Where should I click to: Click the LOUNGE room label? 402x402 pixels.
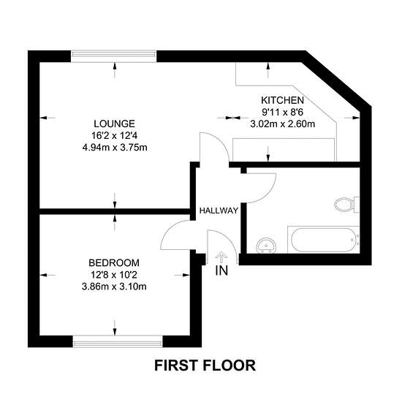pyautogui.click(x=114, y=124)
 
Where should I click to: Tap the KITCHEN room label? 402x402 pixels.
pyautogui.click(x=283, y=100)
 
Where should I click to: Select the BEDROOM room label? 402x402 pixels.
pyautogui.click(x=114, y=263)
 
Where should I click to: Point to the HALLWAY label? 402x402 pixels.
pyautogui.click(x=219, y=211)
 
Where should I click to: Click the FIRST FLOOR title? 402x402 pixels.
pyautogui.click(x=205, y=365)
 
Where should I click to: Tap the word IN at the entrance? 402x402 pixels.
pyautogui.click(x=221, y=270)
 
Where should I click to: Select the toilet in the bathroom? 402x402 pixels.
pyautogui.click(x=347, y=205)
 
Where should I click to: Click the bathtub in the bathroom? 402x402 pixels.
pyautogui.click(x=324, y=240)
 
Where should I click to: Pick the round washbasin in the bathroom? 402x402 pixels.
pyautogui.click(x=266, y=246)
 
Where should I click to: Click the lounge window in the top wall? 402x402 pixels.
pyautogui.click(x=113, y=56)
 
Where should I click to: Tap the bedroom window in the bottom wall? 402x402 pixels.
pyautogui.click(x=118, y=341)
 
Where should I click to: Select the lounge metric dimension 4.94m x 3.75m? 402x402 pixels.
pyautogui.click(x=115, y=148)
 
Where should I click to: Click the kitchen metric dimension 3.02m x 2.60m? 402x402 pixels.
pyautogui.click(x=283, y=124)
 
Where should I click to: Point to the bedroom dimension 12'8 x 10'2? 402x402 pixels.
pyautogui.click(x=114, y=275)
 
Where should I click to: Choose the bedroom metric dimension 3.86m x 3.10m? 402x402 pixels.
pyautogui.click(x=114, y=287)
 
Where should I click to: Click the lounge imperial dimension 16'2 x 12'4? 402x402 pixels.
pyautogui.click(x=114, y=136)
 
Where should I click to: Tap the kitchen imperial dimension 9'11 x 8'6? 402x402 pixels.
pyautogui.click(x=283, y=112)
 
